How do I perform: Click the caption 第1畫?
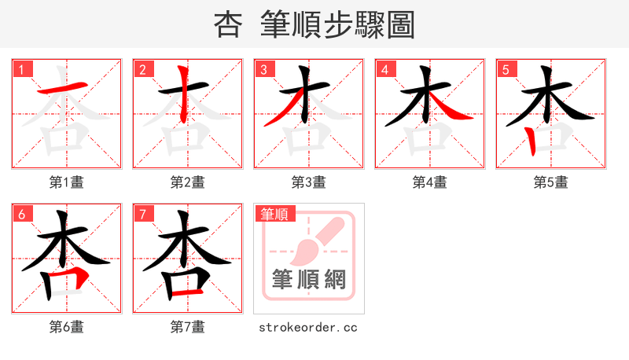pos(67,182)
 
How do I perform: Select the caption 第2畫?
pos(188,182)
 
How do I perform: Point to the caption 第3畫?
pos(309,182)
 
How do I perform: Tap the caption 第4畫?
pos(430,182)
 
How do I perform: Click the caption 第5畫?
pos(551,182)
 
